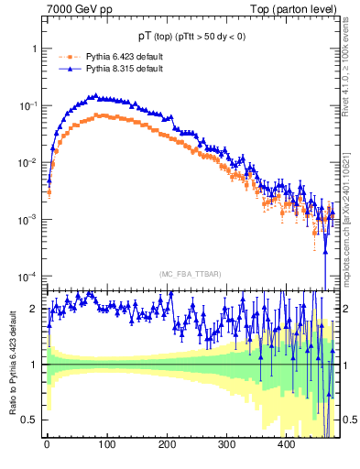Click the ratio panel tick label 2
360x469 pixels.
coord(34,310)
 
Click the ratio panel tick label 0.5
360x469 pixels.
coord(30,420)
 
